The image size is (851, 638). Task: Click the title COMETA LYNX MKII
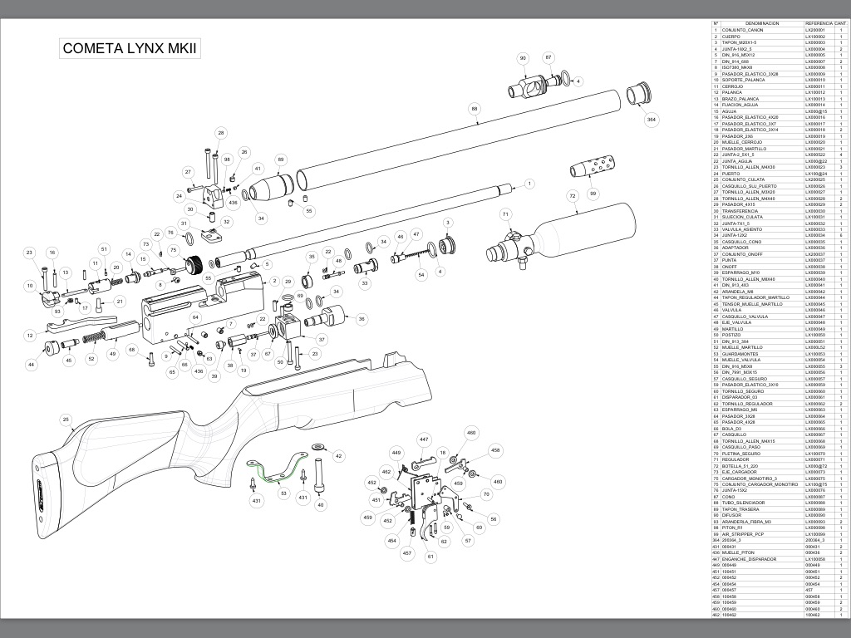coord(130,48)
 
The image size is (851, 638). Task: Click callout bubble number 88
coord(475,109)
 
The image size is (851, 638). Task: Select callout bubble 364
coord(651,120)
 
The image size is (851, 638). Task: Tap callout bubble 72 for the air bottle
coord(572,197)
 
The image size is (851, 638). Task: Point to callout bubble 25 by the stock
coord(66,420)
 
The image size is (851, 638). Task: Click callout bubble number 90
coord(523,58)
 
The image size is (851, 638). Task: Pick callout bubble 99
coord(593,193)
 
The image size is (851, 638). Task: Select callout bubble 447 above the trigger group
coord(424,439)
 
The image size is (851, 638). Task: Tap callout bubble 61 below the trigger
coord(430,557)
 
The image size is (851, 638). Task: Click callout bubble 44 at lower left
coord(32,364)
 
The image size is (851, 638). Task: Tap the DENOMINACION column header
coord(761,23)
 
